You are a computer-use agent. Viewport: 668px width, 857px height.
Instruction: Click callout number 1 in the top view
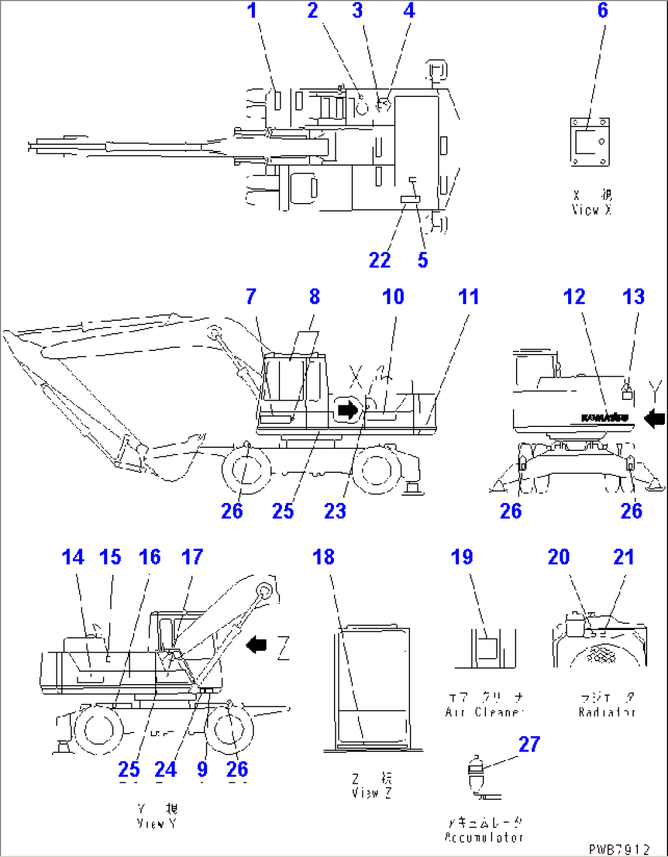coord(252,11)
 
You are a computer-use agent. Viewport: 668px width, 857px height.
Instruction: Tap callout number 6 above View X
coord(602,10)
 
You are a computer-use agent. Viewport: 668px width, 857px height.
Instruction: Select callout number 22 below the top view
coord(379,260)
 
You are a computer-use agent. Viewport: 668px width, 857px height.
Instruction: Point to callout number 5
coord(422,260)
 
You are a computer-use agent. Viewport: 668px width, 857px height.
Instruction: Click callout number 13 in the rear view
coord(633,297)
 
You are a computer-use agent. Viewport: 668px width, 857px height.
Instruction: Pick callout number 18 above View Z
coord(324,557)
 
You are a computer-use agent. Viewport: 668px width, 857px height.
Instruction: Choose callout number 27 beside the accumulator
coord(529,744)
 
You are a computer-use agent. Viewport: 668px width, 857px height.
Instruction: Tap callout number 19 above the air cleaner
coord(462,557)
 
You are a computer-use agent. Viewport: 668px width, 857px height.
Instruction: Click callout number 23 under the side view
coord(335,511)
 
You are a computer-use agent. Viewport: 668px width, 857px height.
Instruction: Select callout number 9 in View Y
coord(202,769)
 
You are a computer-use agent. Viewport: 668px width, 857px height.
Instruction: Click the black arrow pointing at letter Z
coord(256,645)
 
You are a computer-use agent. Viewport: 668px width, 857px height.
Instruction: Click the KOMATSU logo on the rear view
coord(604,418)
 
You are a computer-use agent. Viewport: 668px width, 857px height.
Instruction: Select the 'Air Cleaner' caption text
coord(484,712)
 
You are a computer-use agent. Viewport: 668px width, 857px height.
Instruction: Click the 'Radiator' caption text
coord(607,712)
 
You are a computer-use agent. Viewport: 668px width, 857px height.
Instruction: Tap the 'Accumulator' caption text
coord(484,837)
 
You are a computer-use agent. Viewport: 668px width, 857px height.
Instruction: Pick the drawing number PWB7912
coord(618,849)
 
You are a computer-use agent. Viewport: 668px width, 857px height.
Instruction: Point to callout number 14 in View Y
coord(73,557)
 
